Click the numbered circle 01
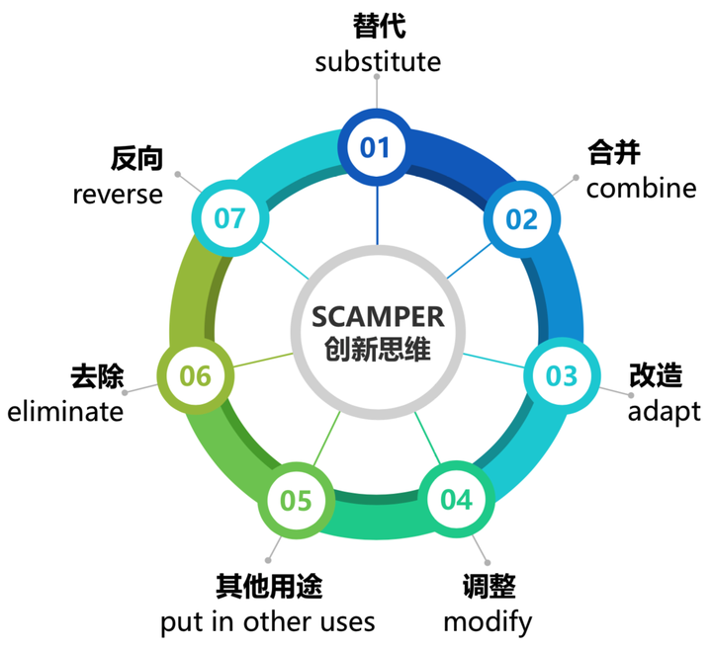[x=376, y=147]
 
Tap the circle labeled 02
[x=521, y=218]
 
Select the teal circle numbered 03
[x=561, y=375]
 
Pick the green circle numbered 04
[x=457, y=500]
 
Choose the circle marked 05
[x=296, y=501]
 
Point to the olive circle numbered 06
[x=196, y=375]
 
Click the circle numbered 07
[x=229, y=217]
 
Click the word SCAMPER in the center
[x=377, y=317]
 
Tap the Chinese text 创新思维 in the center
[x=377, y=350]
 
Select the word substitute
[x=378, y=61]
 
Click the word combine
[x=642, y=188]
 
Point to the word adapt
[x=665, y=410]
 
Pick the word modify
[x=488, y=621]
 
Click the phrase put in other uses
[x=268, y=621]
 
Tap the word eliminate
[x=65, y=410]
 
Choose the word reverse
[x=118, y=194]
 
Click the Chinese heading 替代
[x=378, y=26]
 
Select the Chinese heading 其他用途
[x=269, y=587]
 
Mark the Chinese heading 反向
[x=136, y=159]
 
